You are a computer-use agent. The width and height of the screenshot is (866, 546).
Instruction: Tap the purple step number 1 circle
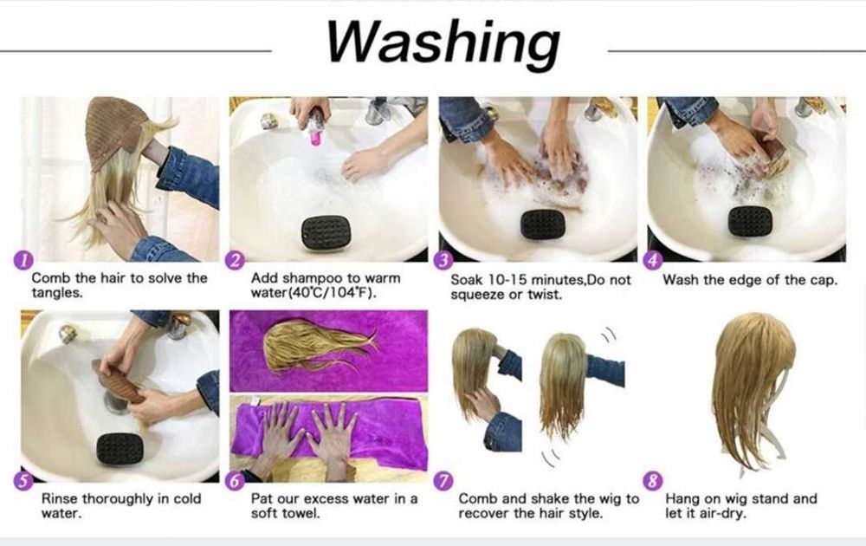(x=23, y=260)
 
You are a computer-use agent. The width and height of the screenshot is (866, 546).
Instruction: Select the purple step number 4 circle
(x=653, y=260)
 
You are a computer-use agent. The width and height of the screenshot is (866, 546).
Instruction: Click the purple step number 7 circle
(x=443, y=481)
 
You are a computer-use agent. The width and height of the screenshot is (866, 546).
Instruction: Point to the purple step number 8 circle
(x=653, y=480)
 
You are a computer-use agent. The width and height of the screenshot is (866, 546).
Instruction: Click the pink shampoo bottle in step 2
(x=316, y=127)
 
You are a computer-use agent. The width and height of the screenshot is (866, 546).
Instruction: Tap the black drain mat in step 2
(x=326, y=232)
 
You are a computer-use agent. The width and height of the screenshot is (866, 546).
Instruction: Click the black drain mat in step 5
(x=120, y=449)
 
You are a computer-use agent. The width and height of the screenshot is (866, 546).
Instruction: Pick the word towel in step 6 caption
(x=301, y=513)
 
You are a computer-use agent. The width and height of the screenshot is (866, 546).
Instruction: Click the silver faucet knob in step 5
(x=68, y=334)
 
